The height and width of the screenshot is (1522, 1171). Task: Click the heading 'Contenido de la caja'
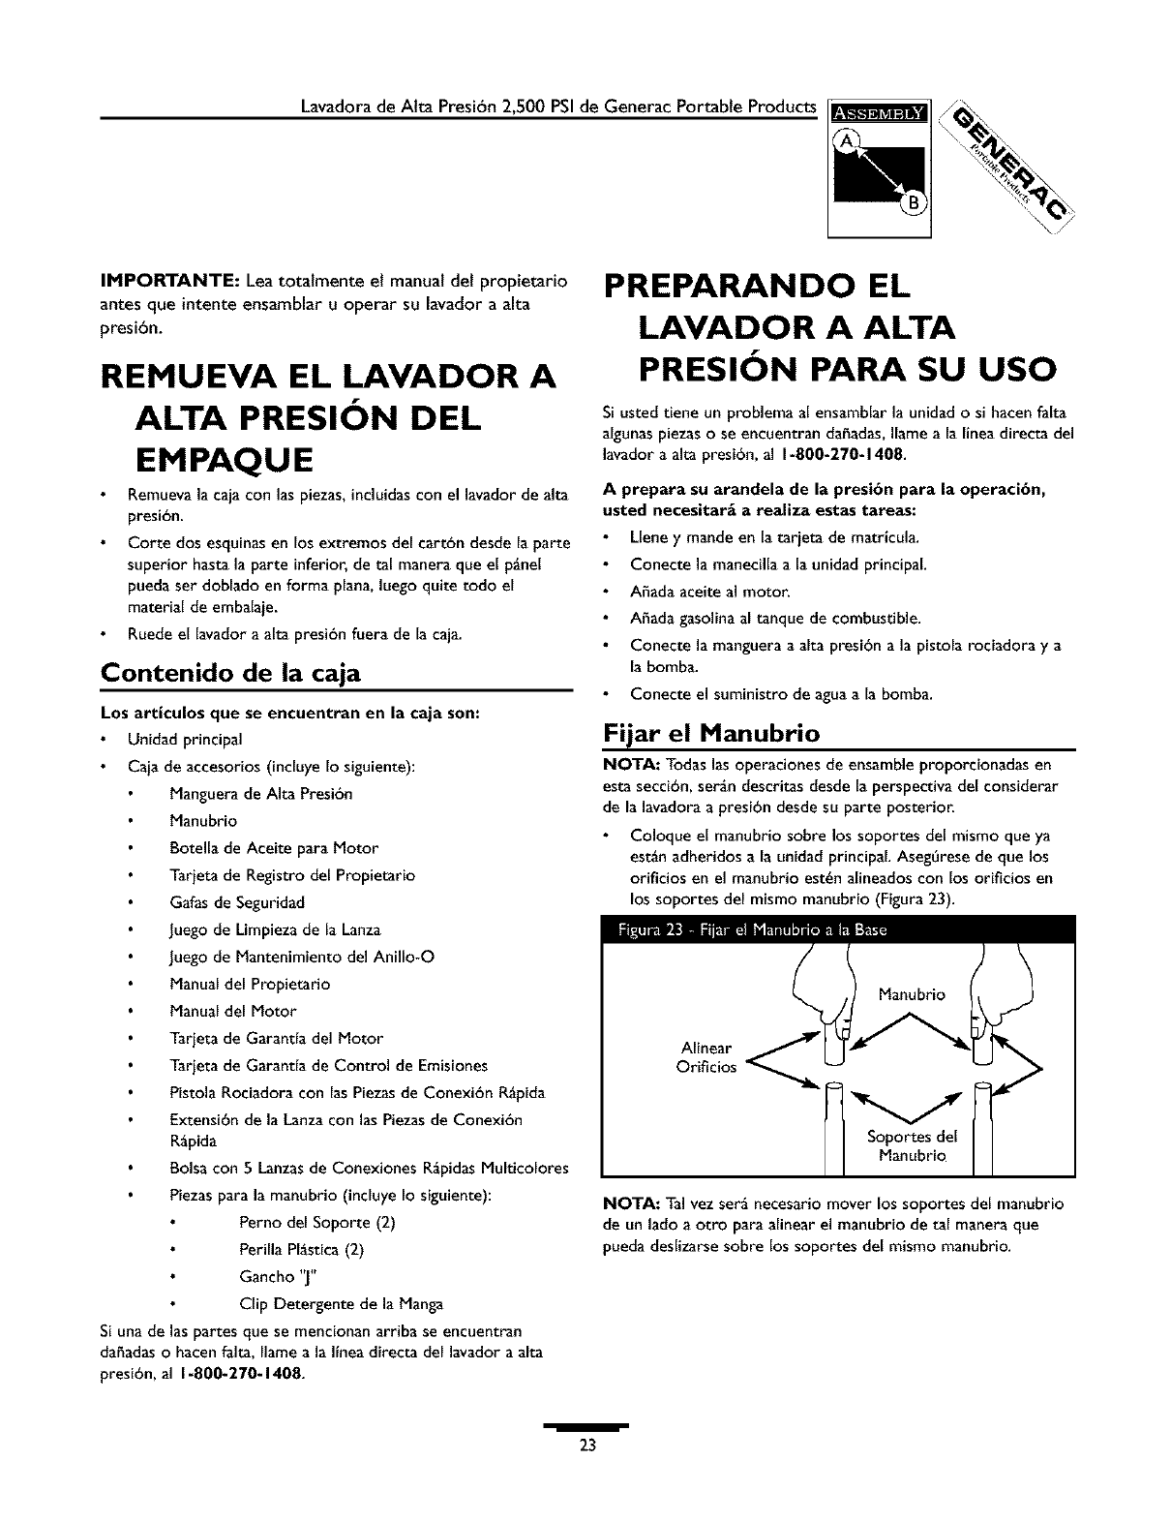(230, 672)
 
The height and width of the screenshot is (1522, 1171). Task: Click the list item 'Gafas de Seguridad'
(237, 902)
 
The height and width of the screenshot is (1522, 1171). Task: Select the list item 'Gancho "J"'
(276, 1276)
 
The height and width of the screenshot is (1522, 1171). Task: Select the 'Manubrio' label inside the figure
(911, 994)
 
